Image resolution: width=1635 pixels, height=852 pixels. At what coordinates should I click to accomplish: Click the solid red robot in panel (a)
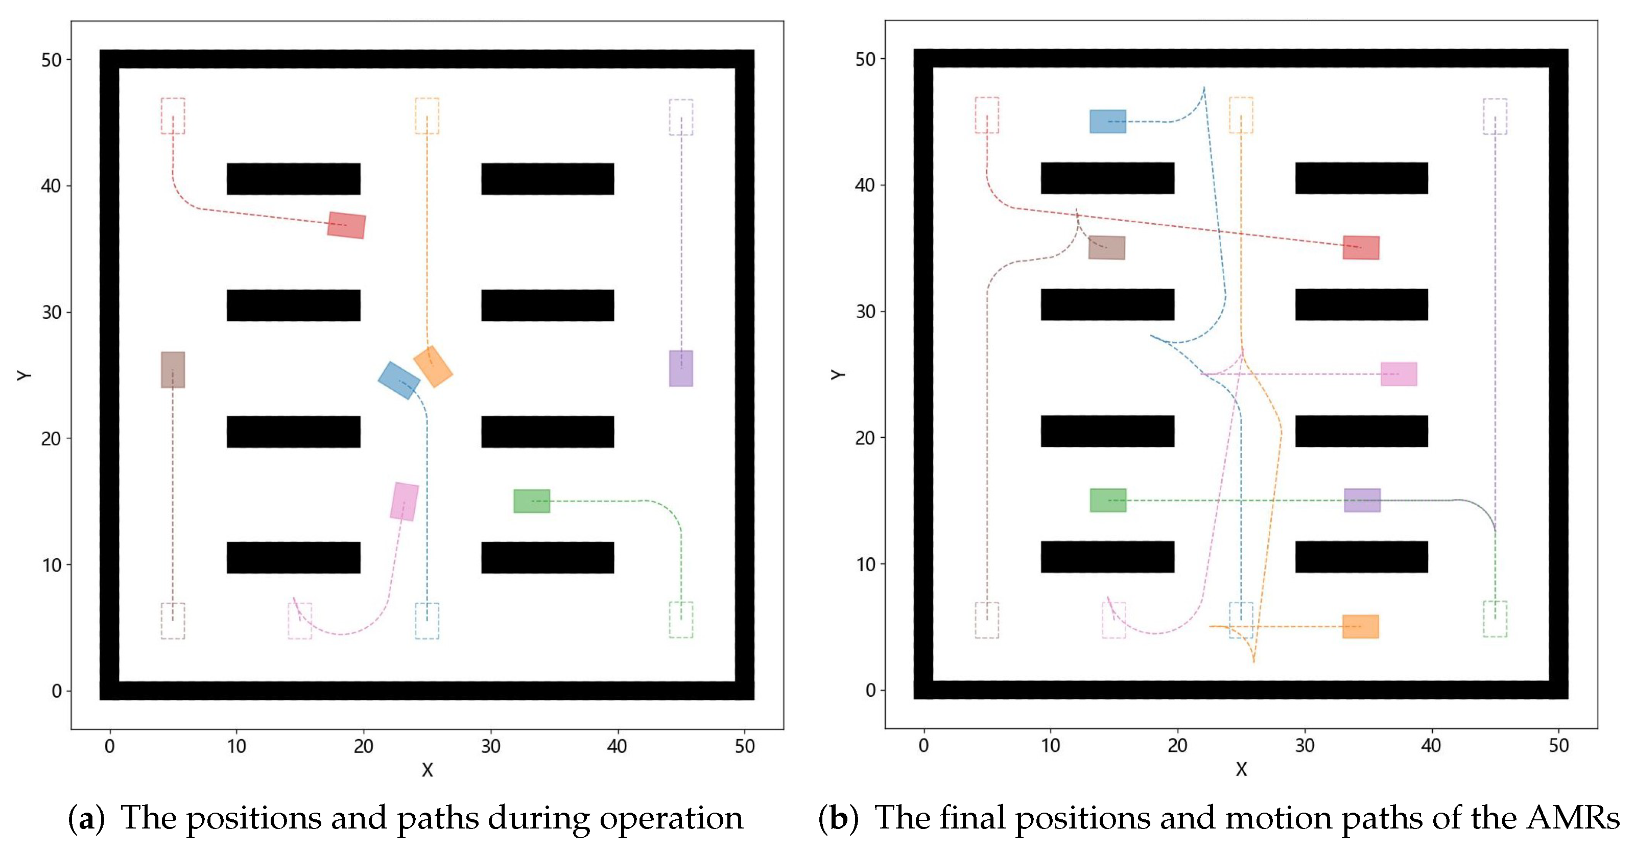(346, 225)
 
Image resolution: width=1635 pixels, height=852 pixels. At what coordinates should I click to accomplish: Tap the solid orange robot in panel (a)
(433, 366)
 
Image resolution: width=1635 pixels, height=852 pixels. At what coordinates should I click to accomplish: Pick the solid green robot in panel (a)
(531, 501)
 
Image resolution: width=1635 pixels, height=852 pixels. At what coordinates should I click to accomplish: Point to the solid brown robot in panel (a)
(173, 369)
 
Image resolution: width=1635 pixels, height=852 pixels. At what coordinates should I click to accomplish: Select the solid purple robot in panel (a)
(681, 368)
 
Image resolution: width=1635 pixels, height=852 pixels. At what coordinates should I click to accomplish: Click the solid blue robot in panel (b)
(1107, 121)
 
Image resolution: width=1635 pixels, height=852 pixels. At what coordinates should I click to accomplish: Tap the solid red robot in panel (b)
(1361, 248)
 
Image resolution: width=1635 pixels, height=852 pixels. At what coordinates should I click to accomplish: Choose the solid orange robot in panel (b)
(1360, 627)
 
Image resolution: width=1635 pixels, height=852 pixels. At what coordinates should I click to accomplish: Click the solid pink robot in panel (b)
(1399, 374)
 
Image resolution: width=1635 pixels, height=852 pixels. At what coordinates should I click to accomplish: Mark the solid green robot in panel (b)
(1107, 500)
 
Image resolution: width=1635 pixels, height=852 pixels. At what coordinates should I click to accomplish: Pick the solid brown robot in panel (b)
(1106, 248)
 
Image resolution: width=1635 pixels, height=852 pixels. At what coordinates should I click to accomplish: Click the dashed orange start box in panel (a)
(426, 115)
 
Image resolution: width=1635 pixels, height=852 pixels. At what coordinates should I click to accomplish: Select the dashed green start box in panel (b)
(1495, 619)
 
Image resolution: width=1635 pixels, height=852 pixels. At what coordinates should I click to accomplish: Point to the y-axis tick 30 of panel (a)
(52, 313)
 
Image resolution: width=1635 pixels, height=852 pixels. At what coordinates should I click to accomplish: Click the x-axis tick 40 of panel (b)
(1431, 745)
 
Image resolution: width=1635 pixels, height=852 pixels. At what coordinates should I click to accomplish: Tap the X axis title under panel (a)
(427, 770)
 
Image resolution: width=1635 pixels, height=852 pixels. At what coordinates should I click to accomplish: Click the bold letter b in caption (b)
(839, 818)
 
